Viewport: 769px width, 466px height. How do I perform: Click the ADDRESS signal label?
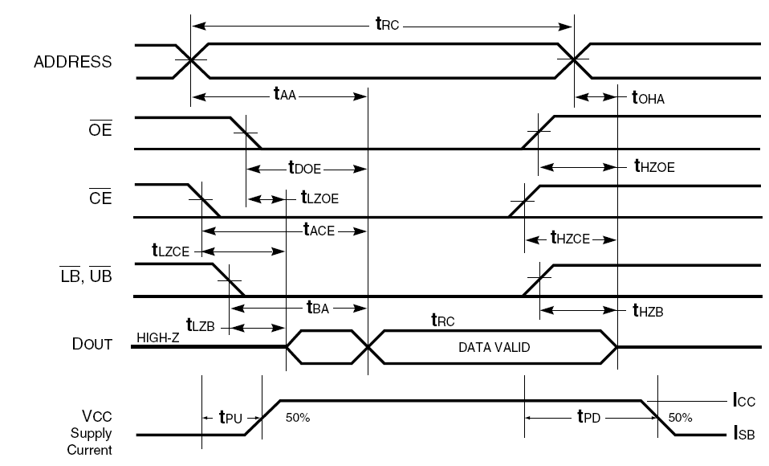pos(72,62)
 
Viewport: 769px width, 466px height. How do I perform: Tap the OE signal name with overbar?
pos(100,129)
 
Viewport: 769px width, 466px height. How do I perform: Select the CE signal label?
pos(100,197)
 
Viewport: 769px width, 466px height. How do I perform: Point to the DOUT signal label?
pos(92,344)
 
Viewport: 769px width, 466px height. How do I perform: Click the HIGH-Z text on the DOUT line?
pos(157,337)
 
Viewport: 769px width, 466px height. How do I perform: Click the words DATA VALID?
pos(494,347)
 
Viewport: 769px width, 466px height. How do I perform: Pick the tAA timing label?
pos(285,93)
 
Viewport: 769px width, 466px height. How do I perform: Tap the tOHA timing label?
pos(648,98)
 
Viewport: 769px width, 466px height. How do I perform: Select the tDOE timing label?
pos(304,168)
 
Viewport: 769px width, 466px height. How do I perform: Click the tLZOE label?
pos(319,198)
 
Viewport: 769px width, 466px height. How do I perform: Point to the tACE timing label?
pos(319,230)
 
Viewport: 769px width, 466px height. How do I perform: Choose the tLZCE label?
pos(171,251)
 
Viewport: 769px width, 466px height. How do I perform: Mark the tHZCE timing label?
pos(570,238)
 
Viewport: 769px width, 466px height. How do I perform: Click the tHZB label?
pos(648,311)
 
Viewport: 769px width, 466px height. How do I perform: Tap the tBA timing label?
pos(318,308)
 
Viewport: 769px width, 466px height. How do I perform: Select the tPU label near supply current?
pos(230,417)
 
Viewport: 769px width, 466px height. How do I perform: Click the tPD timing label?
pos(589,417)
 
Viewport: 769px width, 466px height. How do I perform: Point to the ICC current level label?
pos(743,401)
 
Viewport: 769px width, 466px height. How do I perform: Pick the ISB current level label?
pos(743,434)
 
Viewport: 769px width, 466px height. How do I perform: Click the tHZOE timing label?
pos(654,166)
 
